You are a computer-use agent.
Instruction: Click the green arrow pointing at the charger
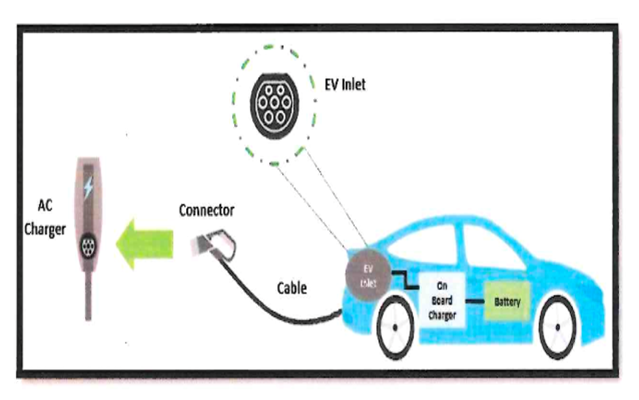pos(144,244)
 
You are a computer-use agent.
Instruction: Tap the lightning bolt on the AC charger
pos(88,187)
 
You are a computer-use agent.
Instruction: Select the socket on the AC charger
pos(88,245)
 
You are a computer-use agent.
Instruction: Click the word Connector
pos(207,210)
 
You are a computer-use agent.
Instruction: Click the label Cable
pos(292,288)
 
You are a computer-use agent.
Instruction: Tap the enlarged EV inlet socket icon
pos(274,104)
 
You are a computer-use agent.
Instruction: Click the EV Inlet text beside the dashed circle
pos(344,84)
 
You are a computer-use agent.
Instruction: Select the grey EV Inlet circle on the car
pos(368,274)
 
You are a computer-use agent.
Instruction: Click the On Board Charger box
pos(442,300)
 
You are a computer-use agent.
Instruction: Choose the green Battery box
pos(507,302)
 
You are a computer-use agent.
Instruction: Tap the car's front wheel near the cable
pos(395,328)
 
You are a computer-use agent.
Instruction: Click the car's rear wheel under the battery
pos(558,327)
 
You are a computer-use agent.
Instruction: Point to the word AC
pos(45,206)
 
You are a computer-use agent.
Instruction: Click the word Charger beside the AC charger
pos(45,230)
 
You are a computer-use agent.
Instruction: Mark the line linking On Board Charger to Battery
pos(475,302)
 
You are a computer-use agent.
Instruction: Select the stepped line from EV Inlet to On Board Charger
pos(405,280)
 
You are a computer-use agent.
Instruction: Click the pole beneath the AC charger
pos(88,296)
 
